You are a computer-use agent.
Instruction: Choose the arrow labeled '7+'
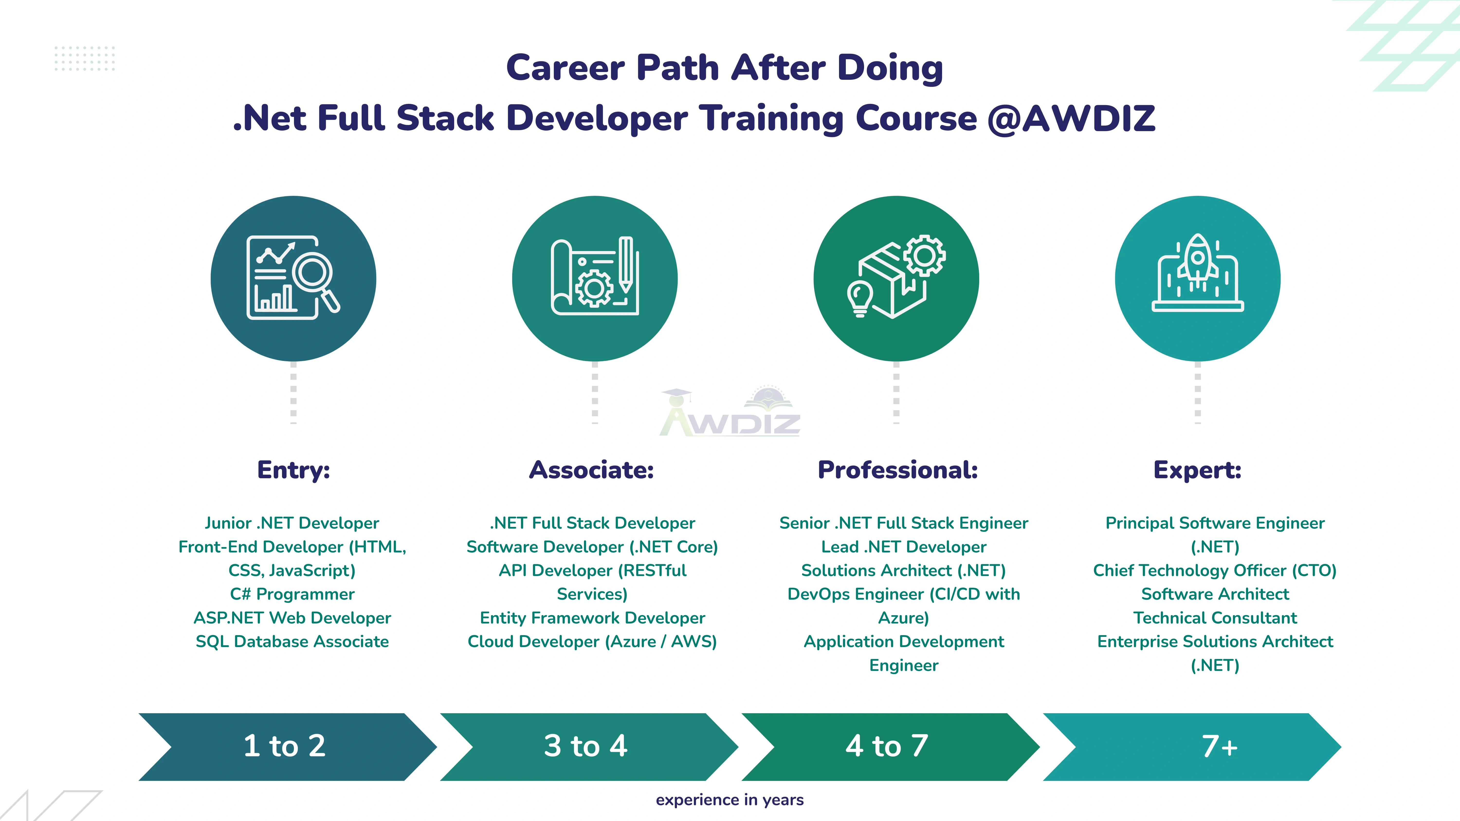coord(1196,746)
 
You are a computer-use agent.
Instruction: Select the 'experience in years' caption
coord(730,799)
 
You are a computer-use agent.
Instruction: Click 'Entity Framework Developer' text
coord(592,618)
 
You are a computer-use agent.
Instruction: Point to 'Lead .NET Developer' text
coord(903,547)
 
